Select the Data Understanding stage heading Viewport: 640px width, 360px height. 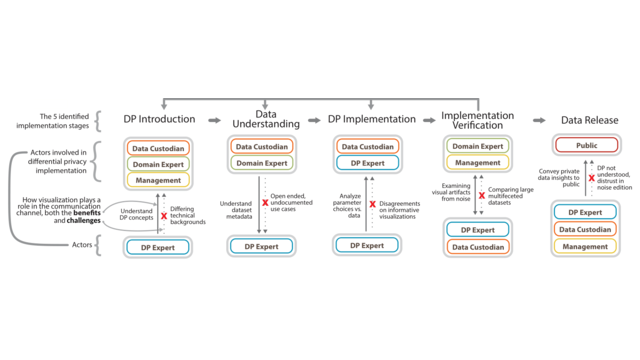[267, 119]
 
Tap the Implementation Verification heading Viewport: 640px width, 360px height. [477, 119]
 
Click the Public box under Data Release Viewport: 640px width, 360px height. [585, 146]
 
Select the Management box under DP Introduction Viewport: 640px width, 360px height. [159, 180]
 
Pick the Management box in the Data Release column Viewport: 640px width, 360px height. [585, 246]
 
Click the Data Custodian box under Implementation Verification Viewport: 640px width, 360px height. [477, 246]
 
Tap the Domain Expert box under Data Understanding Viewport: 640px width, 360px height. [263, 163]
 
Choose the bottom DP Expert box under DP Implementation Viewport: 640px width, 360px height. [368, 245]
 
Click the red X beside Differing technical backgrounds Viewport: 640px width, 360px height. [164, 216]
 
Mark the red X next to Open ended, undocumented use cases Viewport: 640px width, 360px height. [265, 203]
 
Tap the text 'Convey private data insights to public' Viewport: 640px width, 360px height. [560, 178]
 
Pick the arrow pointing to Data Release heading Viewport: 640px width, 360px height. [539, 119]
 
